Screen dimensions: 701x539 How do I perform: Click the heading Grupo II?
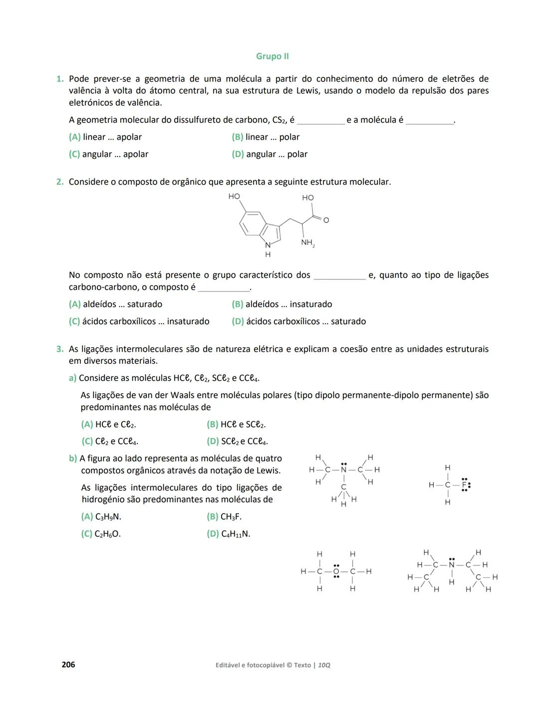(272, 56)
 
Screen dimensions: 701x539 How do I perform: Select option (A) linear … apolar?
(105, 137)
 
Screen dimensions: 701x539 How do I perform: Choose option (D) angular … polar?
(269, 155)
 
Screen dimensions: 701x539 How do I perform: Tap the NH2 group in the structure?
(307, 243)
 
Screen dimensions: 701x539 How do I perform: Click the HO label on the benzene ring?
(234, 197)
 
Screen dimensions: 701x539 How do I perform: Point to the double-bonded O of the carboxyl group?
(326, 220)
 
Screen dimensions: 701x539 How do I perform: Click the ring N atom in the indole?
(268, 245)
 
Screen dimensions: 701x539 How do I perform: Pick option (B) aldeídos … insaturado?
(281, 304)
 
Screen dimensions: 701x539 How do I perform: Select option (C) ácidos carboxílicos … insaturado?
(139, 322)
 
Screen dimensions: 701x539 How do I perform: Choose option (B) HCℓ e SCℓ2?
(236, 425)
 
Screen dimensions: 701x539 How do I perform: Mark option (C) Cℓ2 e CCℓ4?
(110, 442)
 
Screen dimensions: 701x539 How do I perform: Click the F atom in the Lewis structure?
(464, 485)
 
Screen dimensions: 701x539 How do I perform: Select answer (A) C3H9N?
(101, 517)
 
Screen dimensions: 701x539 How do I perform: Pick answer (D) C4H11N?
(228, 534)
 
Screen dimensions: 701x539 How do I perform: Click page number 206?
(68, 665)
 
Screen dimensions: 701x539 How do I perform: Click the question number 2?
(60, 182)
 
